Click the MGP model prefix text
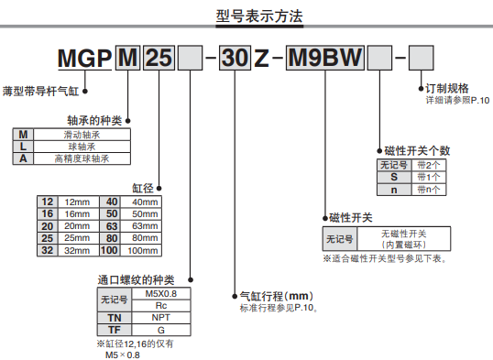pos(86,60)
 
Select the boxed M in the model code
pos(129,60)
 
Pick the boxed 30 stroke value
pos(236,60)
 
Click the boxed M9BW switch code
pos(324,60)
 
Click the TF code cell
pos(114,328)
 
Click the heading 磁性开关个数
pos(418,150)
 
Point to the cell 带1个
pos(428,177)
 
